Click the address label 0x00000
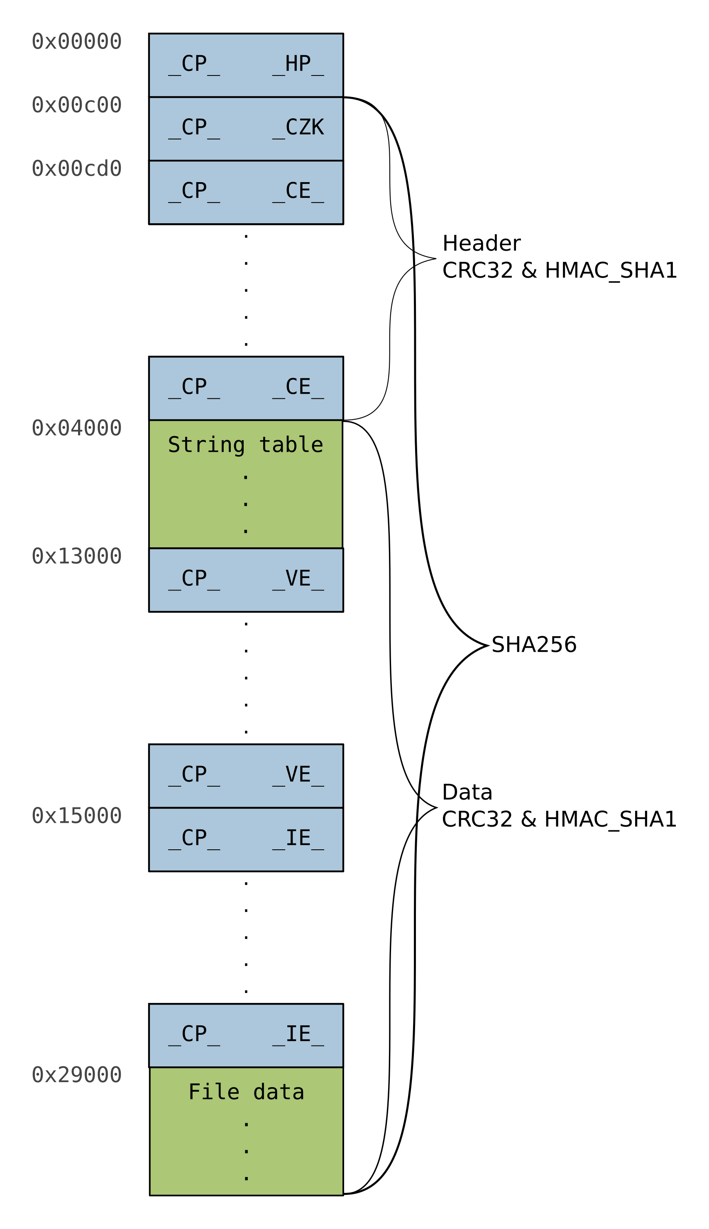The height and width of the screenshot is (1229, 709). click(x=76, y=41)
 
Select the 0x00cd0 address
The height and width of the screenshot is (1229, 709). click(x=76, y=169)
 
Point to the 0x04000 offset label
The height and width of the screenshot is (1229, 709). click(x=76, y=428)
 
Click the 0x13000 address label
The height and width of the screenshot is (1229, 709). click(x=76, y=556)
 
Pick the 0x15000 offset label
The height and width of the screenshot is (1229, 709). click(x=76, y=816)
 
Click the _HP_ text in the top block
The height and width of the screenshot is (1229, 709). click(x=298, y=65)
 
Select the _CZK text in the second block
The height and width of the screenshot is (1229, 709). click(x=298, y=129)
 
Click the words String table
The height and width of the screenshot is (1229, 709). click(x=245, y=445)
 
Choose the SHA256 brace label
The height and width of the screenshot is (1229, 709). click(x=534, y=645)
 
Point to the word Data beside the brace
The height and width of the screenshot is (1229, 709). click(x=467, y=793)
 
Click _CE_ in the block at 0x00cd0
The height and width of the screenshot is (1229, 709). click(x=298, y=192)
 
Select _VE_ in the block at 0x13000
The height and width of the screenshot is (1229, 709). click(x=298, y=580)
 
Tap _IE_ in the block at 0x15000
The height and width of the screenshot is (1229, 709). click(x=298, y=839)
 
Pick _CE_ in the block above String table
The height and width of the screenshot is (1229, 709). click(x=298, y=388)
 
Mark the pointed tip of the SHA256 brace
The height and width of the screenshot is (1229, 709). click(x=489, y=645)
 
